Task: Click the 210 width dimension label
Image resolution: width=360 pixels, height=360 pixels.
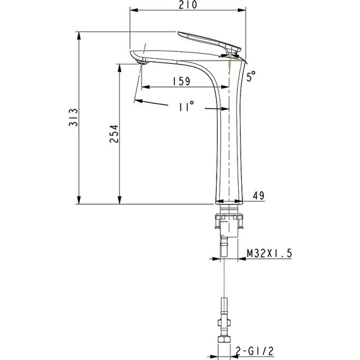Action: pos(188,4)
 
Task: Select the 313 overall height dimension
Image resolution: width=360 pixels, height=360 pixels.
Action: pos(73,117)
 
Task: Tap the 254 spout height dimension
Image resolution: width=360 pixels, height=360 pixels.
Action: pos(114,134)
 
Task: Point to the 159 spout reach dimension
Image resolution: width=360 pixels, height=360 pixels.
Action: pos(181,81)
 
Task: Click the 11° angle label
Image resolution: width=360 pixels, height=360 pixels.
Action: pos(186,106)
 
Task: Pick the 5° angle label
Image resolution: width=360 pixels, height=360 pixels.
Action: pos(251,76)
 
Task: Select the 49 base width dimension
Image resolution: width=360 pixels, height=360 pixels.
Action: pos(258,195)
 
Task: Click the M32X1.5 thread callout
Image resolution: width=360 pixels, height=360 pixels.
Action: pos(269,253)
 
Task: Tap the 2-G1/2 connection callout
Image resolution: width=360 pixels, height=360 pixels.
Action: pos(255,351)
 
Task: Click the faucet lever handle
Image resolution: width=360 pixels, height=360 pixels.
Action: pos(209,41)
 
